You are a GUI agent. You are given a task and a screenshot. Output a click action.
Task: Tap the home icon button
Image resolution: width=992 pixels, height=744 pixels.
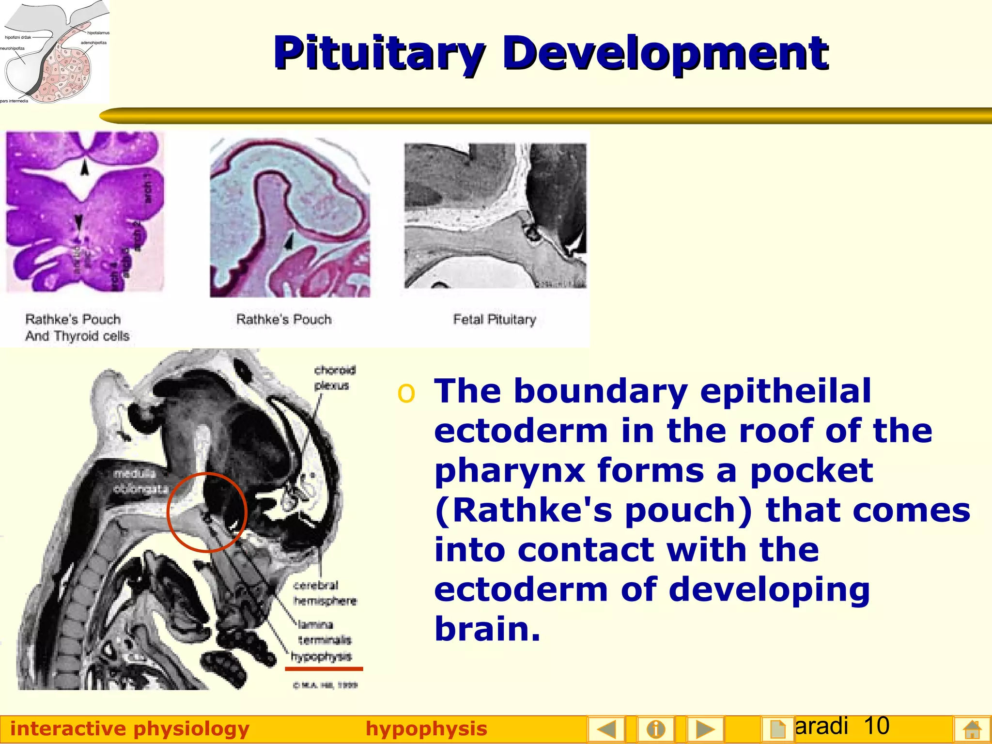tap(971, 728)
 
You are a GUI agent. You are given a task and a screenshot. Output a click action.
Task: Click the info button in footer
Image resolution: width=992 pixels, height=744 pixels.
tap(655, 728)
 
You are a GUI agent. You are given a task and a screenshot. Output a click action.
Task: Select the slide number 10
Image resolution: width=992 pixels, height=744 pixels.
tap(876, 726)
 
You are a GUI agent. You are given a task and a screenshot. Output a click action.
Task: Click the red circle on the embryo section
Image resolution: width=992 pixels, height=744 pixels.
tap(207, 512)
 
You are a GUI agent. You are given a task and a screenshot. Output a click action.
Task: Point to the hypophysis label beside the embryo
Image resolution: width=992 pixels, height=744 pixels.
tap(322, 656)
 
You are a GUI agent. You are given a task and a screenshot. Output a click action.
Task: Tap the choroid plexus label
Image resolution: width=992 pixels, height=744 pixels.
tap(335, 378)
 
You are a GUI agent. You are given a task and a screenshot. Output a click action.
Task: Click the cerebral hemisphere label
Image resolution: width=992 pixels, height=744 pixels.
tap(324, 593)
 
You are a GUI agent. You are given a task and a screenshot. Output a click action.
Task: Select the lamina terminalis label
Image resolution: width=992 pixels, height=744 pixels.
tap(324, 632)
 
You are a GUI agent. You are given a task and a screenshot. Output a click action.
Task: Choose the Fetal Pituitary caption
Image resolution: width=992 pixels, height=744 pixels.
tap(494, 319)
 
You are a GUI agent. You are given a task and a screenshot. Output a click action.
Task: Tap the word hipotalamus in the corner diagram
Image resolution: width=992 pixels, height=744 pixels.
tap(98, 33)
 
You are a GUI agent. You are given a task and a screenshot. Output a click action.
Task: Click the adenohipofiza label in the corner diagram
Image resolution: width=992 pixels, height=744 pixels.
tap(93, 43)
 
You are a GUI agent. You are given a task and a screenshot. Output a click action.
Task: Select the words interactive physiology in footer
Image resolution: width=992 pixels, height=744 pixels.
tap(130, 728)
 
